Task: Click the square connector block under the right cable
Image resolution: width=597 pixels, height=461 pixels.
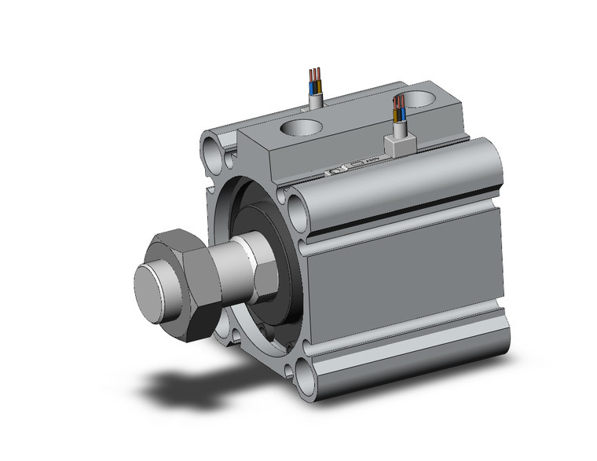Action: coord(397,143)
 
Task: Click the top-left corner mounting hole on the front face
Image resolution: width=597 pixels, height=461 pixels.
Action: coord(212,148)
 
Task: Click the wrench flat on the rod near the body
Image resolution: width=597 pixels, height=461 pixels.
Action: coord(263,271)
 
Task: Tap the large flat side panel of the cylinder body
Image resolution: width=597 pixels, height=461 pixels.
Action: coord(408,275)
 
